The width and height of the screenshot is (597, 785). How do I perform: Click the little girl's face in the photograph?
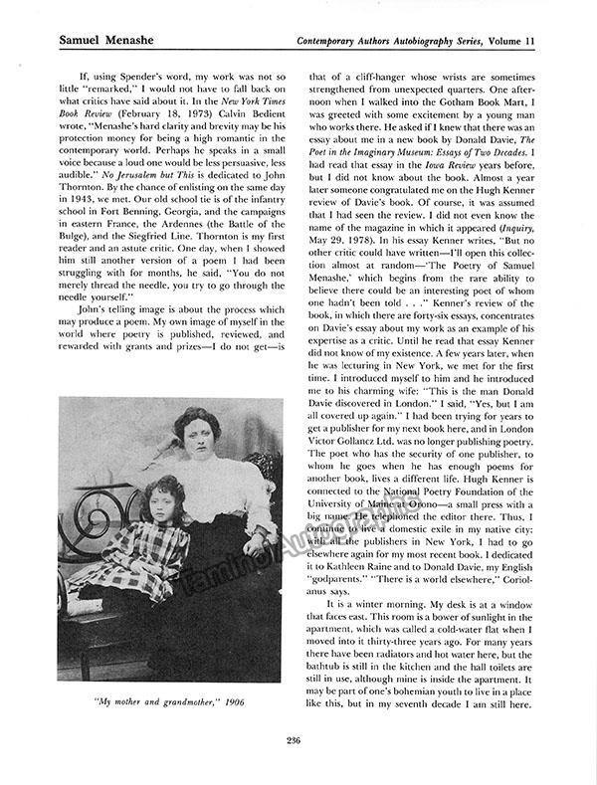click(164, 496)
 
